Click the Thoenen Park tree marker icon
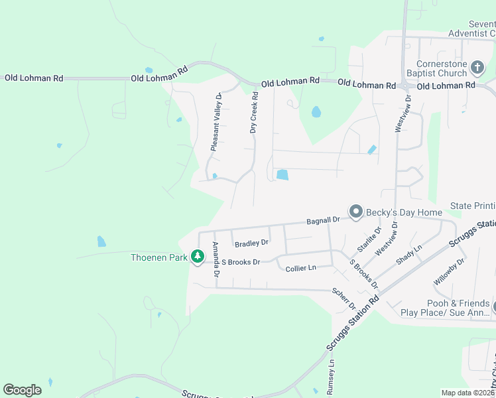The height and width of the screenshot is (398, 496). (197, 255)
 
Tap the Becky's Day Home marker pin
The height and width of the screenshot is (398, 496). (356, 212)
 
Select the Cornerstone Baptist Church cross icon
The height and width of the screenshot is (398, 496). (477, 67)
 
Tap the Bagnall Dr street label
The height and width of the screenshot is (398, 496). (323, 220)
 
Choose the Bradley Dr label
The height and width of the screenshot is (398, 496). (251, 243)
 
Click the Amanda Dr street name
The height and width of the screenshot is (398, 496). (216, 260)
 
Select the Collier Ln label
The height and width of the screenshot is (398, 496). (300, 268)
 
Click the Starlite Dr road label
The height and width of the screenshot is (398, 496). (369, 239)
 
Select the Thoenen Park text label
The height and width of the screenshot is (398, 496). (159, 256)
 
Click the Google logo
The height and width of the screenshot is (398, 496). (22, 390)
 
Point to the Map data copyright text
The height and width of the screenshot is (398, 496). (467, 393)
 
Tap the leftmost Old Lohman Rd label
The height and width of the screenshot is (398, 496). (34, 78)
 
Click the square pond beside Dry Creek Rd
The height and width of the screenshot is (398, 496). (282, 175)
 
